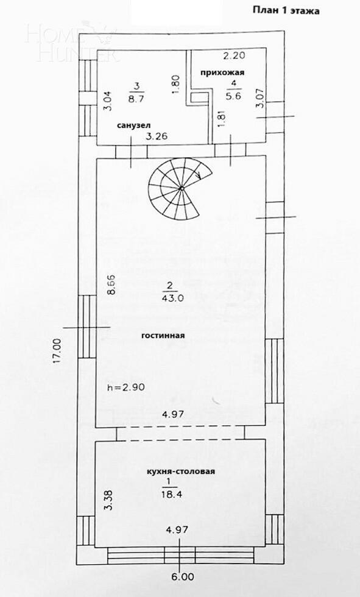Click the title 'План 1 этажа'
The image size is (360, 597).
pyautogui.click(x=285, y=10)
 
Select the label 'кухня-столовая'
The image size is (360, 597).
pyautogui.click(x=182, y=472)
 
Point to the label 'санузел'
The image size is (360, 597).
pyautogui.click(x=133, y=125)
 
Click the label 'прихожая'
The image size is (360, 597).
pyautogui.click(x=223, y=72)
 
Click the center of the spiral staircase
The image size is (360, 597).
pyautogui.click(x=182, y=189)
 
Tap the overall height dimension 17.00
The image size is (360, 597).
pyautogui.click(x=57, y=351)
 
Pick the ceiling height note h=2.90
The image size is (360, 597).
pyautogui.click(x=125, y=387)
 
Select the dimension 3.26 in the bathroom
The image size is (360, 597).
pyautogui.click(x=155, y=137)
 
